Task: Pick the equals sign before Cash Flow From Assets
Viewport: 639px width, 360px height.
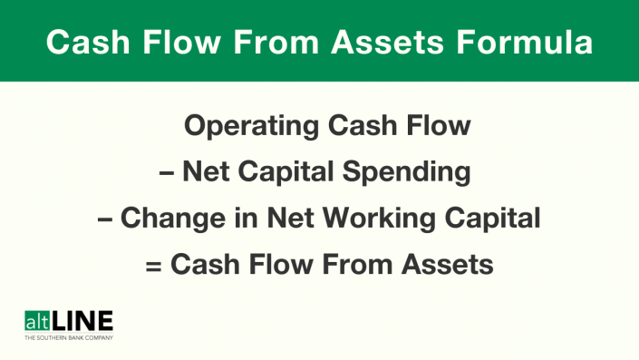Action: pyautogui.click(x=154, y=265)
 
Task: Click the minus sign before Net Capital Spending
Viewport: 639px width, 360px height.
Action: pyautogui.click(x=167, y=172)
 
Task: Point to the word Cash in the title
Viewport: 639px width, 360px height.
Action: pyautogui.click(x=86, y=43)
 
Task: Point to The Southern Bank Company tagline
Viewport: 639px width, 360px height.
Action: pyautogui.click(x=68, y=336)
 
